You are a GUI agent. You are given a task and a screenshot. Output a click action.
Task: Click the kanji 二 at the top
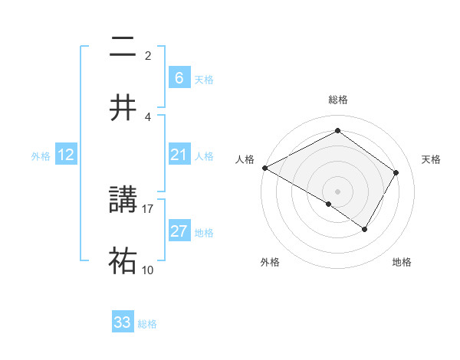(123, 47)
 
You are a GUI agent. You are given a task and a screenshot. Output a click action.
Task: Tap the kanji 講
(123, 200)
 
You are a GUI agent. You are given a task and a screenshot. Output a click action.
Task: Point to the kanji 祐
(123, 260)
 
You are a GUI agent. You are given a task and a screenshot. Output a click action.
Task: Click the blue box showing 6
(179, 77)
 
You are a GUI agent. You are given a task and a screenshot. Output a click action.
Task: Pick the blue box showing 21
(179, 155)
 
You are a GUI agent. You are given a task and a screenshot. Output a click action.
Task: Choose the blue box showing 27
(179, 231)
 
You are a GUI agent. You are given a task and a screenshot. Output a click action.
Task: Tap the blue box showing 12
(66, 155)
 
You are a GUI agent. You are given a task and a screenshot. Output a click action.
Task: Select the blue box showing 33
(123, 322)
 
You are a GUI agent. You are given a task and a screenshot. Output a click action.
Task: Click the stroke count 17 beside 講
(148, 208)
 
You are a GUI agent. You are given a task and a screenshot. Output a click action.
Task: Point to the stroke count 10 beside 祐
(148, 270)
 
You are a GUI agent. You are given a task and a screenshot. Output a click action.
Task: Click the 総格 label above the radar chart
(337, 100)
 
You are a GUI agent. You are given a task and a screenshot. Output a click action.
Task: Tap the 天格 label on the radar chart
(431, 159)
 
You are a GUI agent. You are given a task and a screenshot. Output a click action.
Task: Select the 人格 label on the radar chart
(245, 159)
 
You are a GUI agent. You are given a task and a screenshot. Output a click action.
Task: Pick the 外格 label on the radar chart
(270, 263)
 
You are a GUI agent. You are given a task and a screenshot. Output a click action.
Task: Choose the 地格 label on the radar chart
(402, 263)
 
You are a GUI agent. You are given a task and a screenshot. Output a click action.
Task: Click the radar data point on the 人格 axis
(264, 168)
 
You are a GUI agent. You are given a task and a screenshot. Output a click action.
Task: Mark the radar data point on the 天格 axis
(396, 173)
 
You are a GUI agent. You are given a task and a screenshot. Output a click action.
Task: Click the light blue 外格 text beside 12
(41, 156)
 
